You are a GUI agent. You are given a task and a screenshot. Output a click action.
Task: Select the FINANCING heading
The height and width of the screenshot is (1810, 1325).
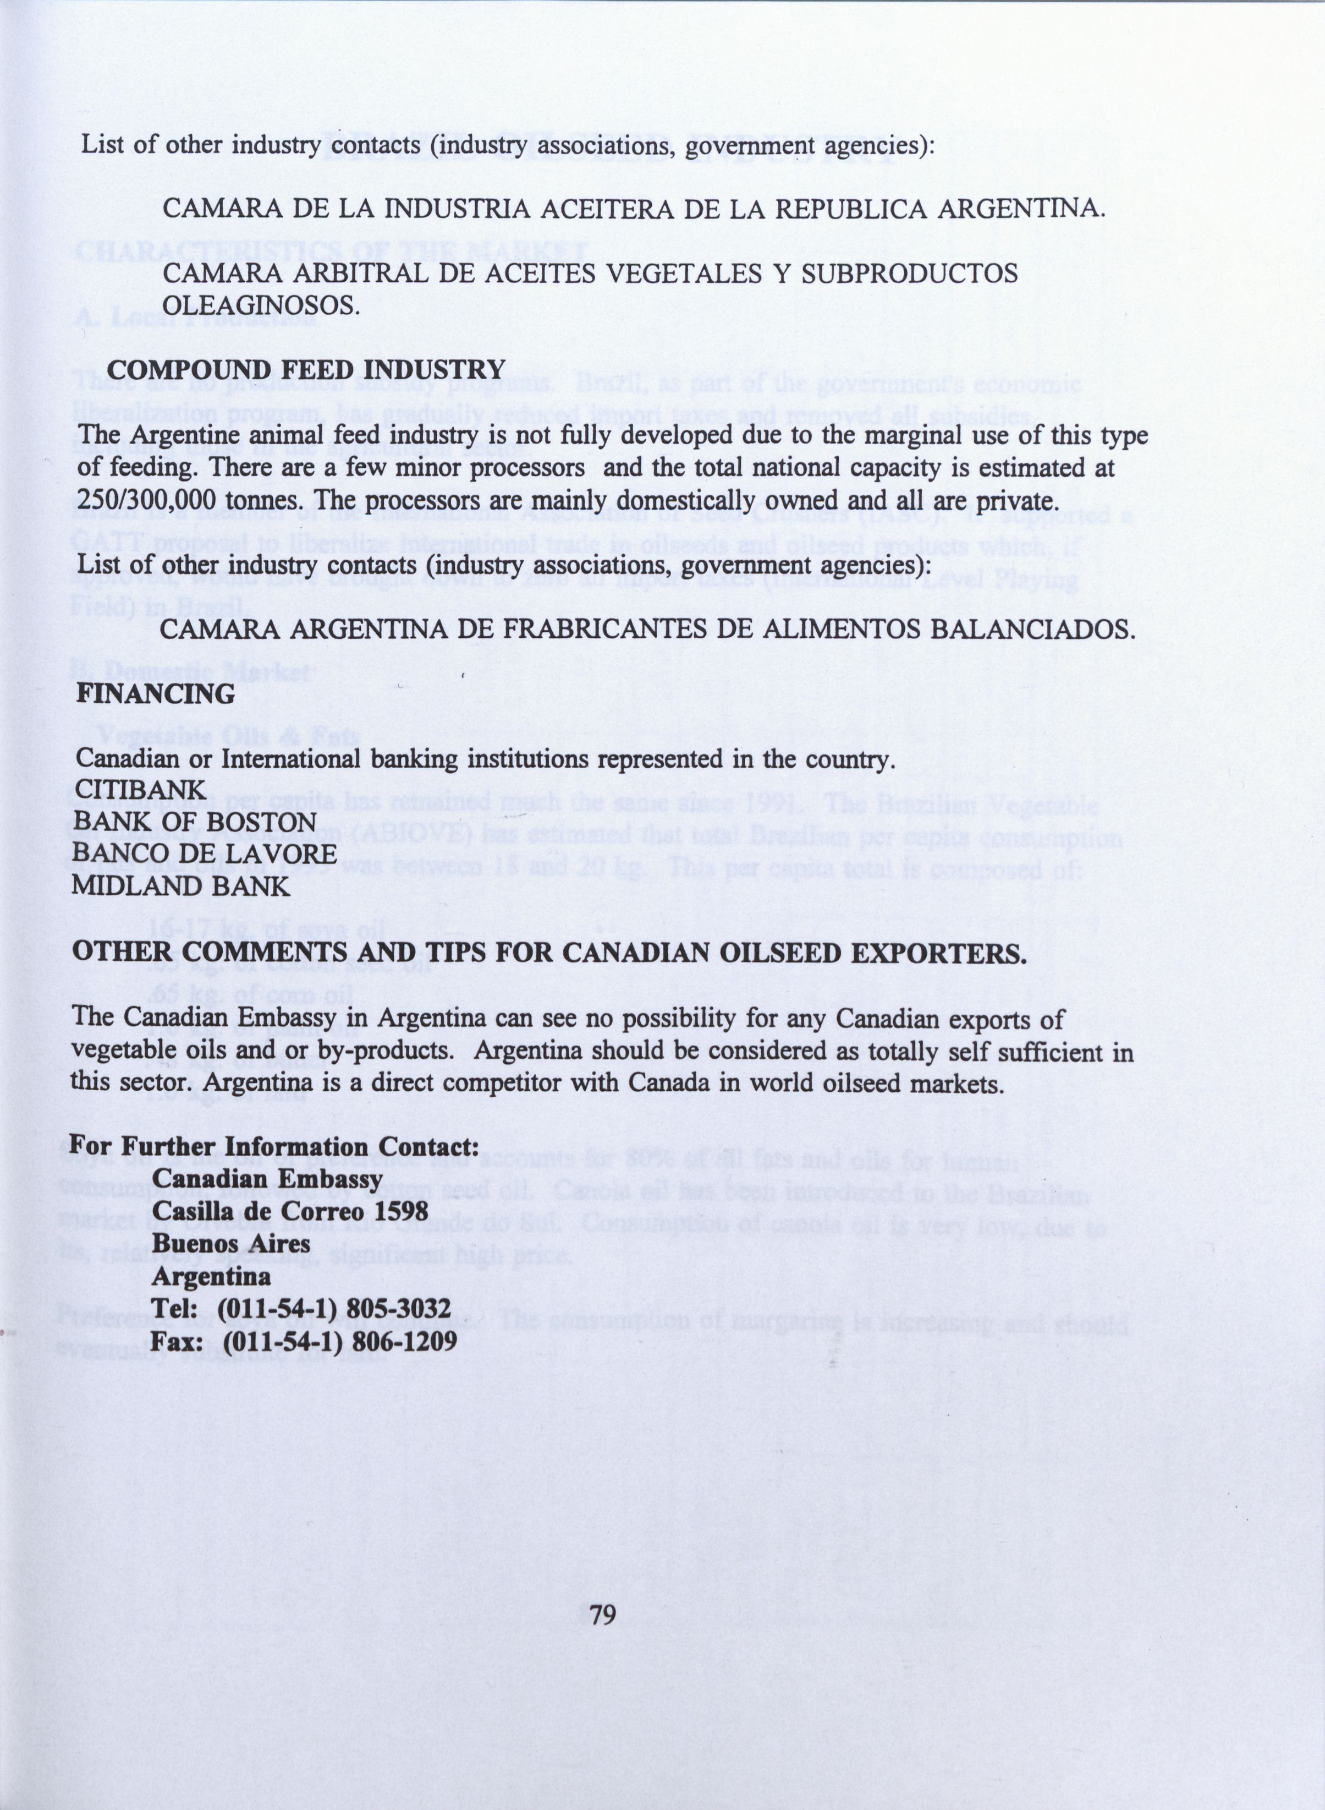(156, 693)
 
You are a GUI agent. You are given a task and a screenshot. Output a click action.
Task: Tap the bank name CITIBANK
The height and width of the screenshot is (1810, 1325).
(140, 790)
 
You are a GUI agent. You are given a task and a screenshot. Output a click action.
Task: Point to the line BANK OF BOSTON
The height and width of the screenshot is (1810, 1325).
(195, 822)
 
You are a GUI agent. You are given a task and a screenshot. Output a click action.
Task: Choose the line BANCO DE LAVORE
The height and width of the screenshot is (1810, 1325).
(204, 854)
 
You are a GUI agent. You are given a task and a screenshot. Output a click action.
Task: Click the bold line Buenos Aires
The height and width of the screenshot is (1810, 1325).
(231, 1244)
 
